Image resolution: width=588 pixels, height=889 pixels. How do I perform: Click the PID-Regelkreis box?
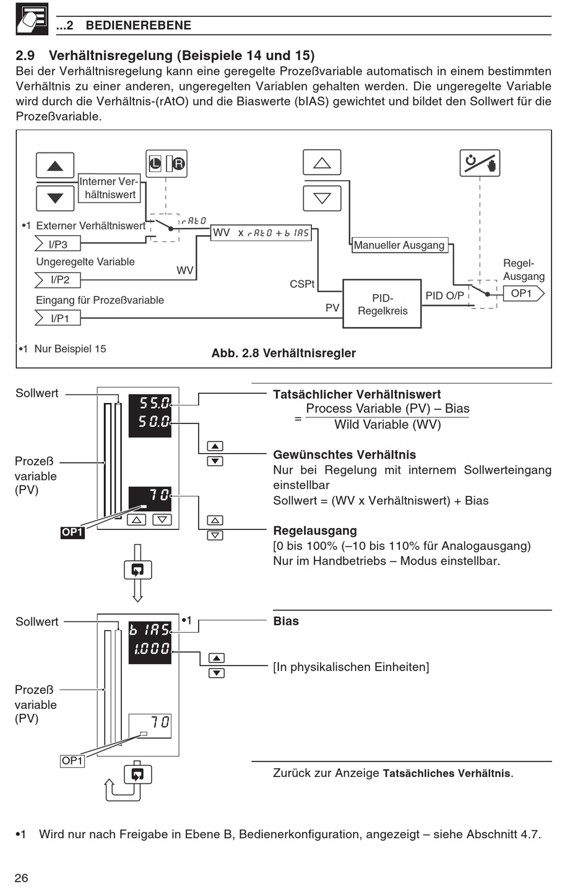coord(382,303)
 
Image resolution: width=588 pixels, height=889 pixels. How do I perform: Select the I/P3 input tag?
coord(58,244)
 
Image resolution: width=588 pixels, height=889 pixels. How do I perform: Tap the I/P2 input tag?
coord(58,280)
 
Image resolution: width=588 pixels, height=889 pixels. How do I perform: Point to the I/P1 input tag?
coord(58,318)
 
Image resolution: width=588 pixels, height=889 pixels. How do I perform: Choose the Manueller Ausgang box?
coord(400,245)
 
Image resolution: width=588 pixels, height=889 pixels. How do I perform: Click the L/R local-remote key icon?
coord(166,163)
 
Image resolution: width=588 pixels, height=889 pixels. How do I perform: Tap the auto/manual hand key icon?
coord(480,163)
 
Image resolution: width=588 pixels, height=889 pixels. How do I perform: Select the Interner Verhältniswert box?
coord(109,188)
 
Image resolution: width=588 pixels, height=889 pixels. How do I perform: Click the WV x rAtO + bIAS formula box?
coord(261,233)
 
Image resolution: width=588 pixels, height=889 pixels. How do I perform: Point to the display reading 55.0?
coord(154,403)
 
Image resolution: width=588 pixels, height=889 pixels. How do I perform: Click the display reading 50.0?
coord(154,422)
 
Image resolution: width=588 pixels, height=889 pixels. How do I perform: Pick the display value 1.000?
coord(152,649)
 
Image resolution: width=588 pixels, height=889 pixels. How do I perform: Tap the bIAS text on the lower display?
coord(150,630)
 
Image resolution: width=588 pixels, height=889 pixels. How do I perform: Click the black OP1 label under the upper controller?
coord(72,532)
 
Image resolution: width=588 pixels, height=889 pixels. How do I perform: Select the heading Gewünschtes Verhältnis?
coord(344,455)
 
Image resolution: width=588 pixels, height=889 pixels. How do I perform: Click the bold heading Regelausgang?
coord(315,531)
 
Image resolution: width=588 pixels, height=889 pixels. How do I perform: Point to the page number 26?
coord(22,878)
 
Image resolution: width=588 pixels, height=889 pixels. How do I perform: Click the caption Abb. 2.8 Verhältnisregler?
coord(283,353)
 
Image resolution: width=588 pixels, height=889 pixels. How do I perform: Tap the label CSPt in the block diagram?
coord(302,284)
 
